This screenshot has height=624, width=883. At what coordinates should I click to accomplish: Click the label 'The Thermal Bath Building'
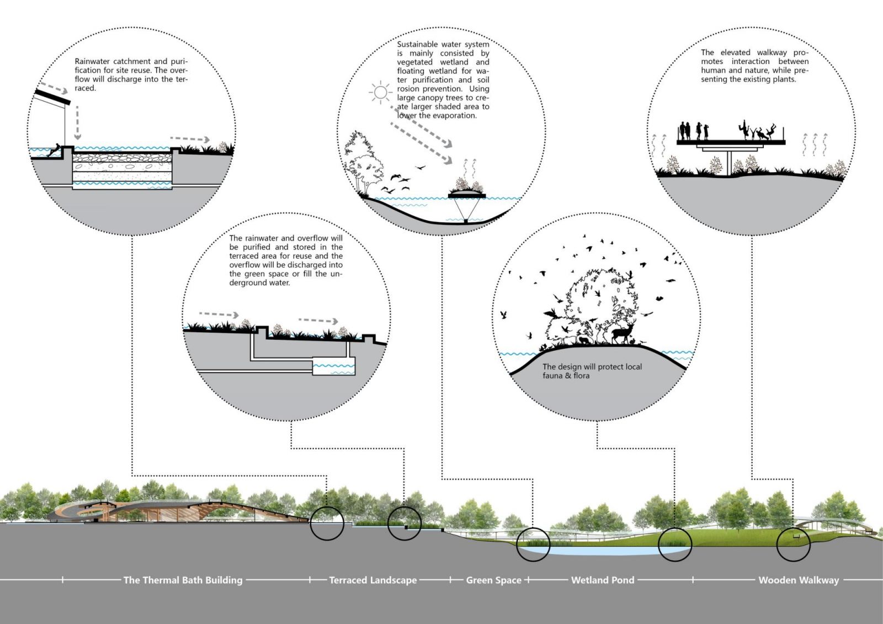point(183,580)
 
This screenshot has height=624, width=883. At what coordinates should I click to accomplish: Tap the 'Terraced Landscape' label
point(373,580)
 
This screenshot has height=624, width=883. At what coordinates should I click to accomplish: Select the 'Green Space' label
point(493,580)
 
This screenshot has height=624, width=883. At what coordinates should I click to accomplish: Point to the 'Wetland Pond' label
point(603,580)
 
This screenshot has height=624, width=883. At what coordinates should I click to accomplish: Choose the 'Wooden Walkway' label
point(798,580)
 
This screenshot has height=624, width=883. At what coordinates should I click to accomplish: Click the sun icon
point(380,92)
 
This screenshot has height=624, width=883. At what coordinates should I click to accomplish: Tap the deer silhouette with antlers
point(623,333)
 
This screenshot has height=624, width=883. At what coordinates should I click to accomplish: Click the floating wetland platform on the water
point(467,194)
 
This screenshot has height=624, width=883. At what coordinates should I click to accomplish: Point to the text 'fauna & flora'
point(566,376)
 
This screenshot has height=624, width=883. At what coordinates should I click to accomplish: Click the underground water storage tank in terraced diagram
point(333,366)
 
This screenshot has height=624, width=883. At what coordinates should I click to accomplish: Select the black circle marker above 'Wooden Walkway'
point(793,545)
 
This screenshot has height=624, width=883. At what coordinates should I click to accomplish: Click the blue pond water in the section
point(596,551)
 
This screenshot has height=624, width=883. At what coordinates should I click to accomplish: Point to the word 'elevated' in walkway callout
point(736,52)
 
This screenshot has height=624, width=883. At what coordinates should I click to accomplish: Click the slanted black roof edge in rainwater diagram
point(52,97)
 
